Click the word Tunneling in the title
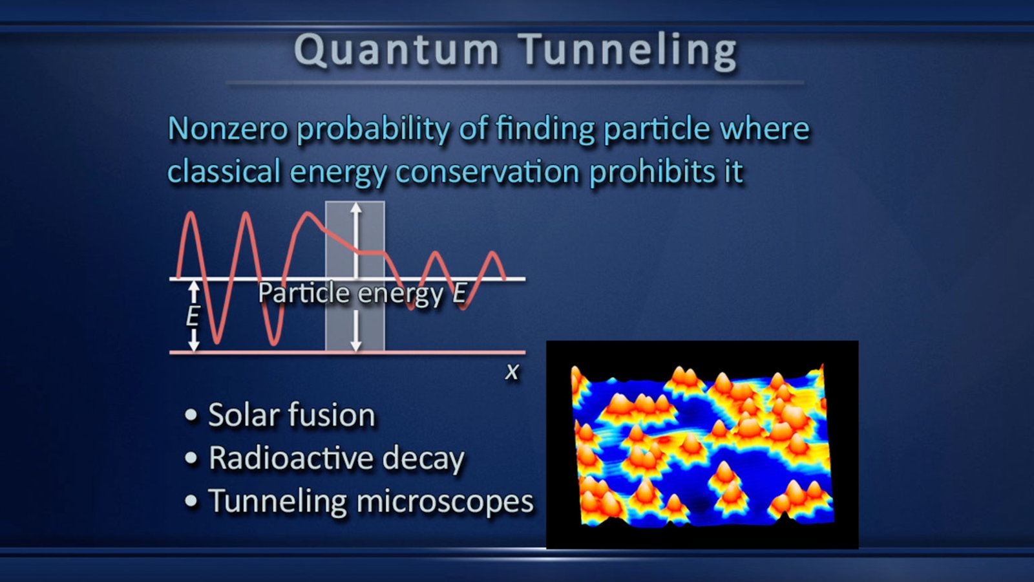tap(628, 51)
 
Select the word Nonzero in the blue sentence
tap(228, 129)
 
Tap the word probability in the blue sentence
tap(373, 130)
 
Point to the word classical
tap(224, 171)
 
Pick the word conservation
tap(487, 172)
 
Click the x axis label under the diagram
tap(512, 372)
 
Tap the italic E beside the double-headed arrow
tap(193, 316)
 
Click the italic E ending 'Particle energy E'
tap(459, 293)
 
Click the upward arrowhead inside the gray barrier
tap(355, 208)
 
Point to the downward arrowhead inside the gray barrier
tap(355, 345)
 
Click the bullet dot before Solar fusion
tap(191, 415)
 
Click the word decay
tap(423, 459)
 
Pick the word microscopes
tap(445, 502)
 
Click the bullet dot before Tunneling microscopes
tap(191, 501)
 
